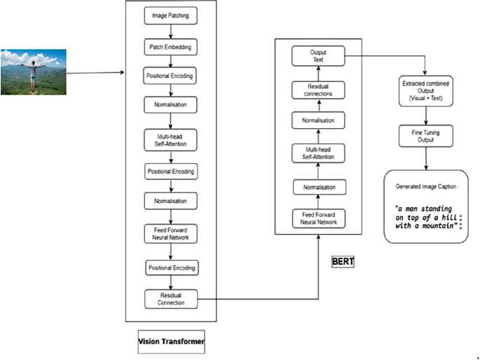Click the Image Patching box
coord(171,15)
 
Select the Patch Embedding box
coord(171,47)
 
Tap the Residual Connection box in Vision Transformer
coord(171,299)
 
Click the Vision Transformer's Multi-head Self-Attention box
coord(171,139)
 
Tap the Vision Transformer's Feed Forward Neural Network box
coord(171,234)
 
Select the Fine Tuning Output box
coord(426,135)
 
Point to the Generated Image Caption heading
coord(426,188)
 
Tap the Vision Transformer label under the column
coord(171,341)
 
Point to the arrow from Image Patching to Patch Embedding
coord(171,31)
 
